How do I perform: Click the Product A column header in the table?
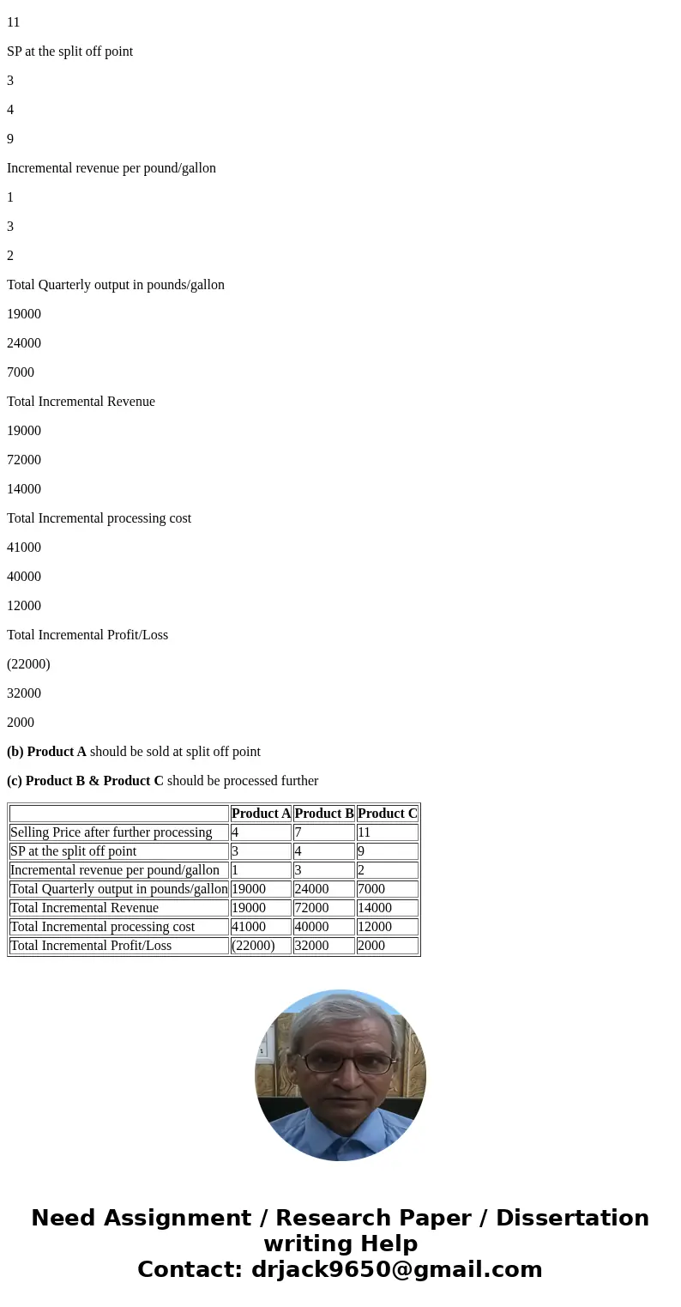click(261, 814)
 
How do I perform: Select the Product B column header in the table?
click(324, 814)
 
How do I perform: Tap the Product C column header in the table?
click(388, 814)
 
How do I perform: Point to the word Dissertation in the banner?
click(572, 1218)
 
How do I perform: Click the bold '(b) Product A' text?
click(46, 752)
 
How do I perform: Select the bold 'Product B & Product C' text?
click(94, 781)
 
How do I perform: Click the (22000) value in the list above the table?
click(28, 664)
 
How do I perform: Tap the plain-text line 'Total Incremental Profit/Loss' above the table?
click(87, 635)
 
